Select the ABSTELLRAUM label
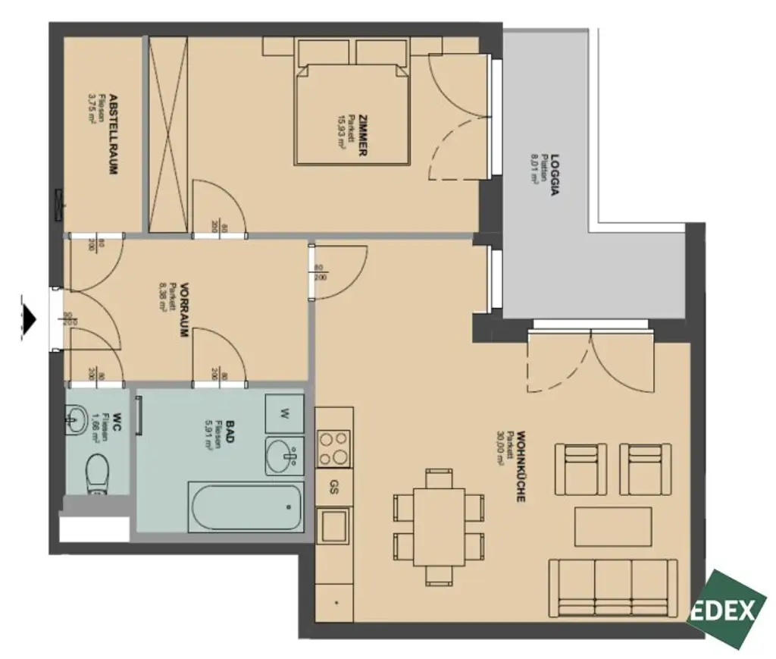point(113,134)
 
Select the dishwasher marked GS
point(333,488)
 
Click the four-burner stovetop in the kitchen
point(333,448)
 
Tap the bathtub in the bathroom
point(246,508)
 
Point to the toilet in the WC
point(97,474)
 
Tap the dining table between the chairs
point(439,527)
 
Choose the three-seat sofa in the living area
point(612,587)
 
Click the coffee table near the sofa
point(613,526)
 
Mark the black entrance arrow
point(29,319)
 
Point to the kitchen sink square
point(333,526)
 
